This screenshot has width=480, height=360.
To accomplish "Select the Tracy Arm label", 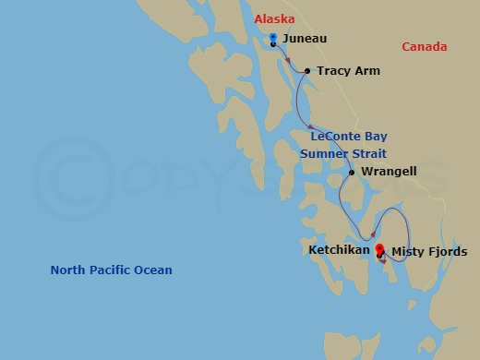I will (348, 71).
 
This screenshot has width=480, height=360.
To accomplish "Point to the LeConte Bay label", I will (348, 137).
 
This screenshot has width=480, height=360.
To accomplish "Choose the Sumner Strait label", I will (343, 153).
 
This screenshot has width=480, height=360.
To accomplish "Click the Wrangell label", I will (389, 172).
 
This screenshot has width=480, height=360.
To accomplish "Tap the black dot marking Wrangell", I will (352, 172).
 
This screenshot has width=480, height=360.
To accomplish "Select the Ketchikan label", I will (339, 250).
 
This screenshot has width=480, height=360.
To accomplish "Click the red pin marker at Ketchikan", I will (378, 249).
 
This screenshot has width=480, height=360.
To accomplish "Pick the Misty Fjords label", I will (429, 251).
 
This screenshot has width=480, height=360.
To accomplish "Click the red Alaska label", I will (274, 18).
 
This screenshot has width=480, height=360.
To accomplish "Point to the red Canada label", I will (424, 47).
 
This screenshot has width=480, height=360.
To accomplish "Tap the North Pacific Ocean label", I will (111, 270).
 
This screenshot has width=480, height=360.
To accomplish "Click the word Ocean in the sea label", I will (154, 270).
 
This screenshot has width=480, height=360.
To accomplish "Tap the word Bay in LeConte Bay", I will (375, 137).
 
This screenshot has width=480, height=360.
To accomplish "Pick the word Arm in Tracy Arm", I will (367, 71).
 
